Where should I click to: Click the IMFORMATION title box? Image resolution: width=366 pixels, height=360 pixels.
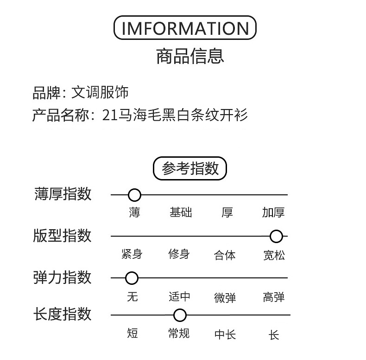point(185,28)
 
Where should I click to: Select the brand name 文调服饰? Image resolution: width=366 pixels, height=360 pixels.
point(100,92)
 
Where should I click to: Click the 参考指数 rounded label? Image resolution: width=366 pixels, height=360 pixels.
point(190,168)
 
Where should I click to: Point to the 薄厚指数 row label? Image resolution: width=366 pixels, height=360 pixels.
point(63,194)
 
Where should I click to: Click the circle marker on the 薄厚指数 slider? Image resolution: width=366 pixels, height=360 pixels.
point(134,195)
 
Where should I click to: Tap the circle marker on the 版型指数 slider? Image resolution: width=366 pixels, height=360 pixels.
point(276,237)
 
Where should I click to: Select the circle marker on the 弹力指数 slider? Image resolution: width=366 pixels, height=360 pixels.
point(132,278)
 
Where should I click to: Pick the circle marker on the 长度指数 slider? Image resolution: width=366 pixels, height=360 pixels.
point(180,316)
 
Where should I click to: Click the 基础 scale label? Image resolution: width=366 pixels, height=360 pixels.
point(181,213)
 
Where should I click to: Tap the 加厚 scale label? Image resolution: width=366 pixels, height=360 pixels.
point(273,213)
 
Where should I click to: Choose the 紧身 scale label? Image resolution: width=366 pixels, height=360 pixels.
point(132,254)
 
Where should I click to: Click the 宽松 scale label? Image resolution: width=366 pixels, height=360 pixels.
point(274,255)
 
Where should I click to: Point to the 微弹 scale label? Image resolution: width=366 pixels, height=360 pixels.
point(225,297)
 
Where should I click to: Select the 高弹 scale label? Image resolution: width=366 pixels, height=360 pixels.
point(274,297)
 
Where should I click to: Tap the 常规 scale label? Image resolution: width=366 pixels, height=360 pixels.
point(179,334)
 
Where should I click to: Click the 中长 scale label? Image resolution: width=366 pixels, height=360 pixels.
point(225,334)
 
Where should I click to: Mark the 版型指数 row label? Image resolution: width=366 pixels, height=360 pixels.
point(63,236)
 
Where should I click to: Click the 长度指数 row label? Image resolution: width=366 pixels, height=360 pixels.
point(63,314)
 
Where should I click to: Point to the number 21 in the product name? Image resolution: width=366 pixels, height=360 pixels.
point(109,115)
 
